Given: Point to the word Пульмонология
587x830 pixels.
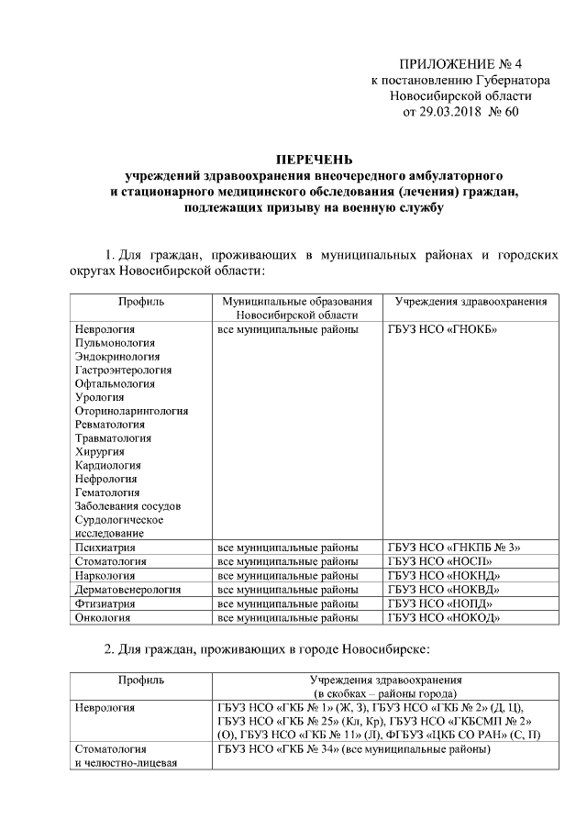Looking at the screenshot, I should (x=114, y=342).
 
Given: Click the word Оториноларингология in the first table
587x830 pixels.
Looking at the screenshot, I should (x=132, y=411).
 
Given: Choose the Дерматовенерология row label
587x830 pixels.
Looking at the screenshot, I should (x=129, y=590).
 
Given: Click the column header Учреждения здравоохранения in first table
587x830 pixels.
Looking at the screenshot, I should (x=471, y=301).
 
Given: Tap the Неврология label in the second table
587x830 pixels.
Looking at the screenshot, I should (x=105, y=708).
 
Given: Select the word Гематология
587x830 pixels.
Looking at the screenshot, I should (x=108, y=492).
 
